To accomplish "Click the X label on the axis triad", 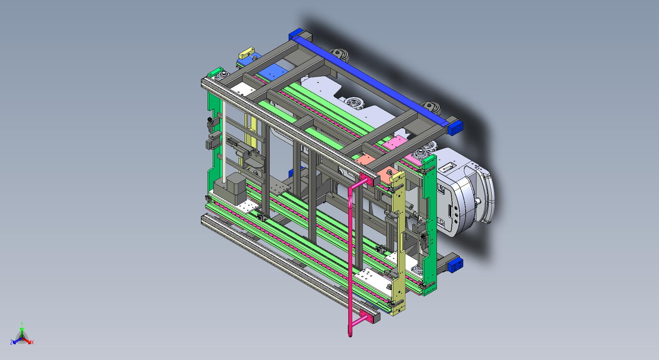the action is point(33,342).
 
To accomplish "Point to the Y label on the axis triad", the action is point(21,324).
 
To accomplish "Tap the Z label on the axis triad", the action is point(11,342).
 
